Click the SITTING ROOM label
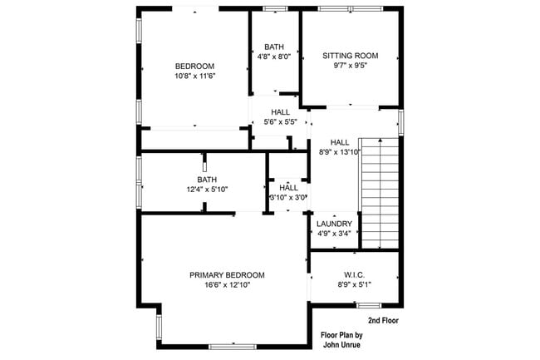click(x=350, y=56)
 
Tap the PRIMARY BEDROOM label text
click(x=227, y=275)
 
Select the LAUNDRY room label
click(x=334, y=224)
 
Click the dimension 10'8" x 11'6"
click(x=194, y=76)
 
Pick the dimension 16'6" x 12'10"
click(x=227, y=285)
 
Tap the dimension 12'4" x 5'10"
click(x=206, y=190)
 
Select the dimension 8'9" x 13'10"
click(x=340, y=151)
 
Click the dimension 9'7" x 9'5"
click(x=350, y=66)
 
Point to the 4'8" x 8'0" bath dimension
click(x=274, y=57)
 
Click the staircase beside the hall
click(x=380, y=193)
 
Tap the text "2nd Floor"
click(x=384, y=320)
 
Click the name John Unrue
click(x=340, y=345)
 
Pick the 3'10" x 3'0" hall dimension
click(x=288, y=198)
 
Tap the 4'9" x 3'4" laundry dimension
click(x=334, y=234)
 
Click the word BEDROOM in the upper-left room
click(x=194, y=67)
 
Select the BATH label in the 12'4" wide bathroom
click(x=206, y=180)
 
